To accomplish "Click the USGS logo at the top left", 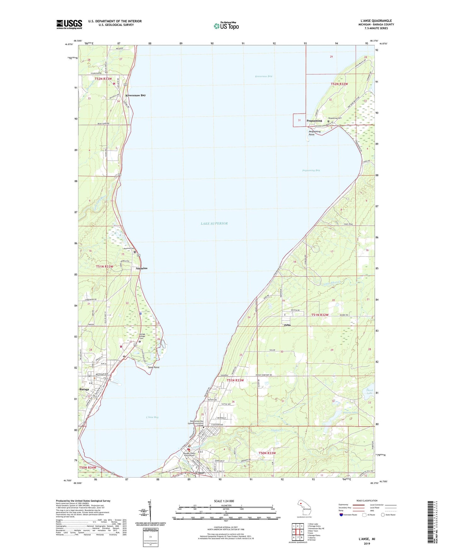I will [x=69, y=24].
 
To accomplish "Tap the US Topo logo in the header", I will [x=226, y=26].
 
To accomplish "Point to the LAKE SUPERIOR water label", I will [x=214, y=223].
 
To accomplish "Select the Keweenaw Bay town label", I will [x=135, y=95].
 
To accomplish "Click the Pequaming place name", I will [x=314, y=121].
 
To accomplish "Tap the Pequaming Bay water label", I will [x=311, y=170].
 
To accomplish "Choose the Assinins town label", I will [x=141, y=268].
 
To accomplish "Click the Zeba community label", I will [x=287, y=325].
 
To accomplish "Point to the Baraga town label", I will [x=84, y=389].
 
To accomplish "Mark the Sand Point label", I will [x=154, y=367].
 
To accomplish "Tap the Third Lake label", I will [x=369, y=392].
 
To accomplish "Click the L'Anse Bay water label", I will [x=152, y=417].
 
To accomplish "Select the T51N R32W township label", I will [x=320, y=315].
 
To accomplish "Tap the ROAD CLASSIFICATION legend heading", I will [x=367, y=501].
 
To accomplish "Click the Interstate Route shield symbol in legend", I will [x=341, y=515].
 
